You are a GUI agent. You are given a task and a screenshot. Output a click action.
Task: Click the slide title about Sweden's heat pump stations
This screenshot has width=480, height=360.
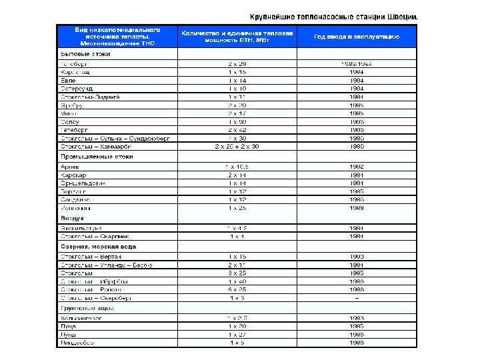[334, 16]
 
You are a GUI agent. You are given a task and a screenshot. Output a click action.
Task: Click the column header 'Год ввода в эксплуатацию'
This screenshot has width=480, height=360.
[357, 36]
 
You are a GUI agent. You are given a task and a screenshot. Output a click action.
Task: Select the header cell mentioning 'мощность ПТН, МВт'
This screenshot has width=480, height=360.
[237, 36]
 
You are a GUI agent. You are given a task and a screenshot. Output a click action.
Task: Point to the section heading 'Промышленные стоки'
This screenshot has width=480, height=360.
[97, 156]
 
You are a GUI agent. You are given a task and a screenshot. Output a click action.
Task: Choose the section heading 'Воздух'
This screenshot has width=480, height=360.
[72, 217]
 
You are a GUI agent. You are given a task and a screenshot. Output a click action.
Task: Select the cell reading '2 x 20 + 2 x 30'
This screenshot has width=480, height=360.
[237, 146]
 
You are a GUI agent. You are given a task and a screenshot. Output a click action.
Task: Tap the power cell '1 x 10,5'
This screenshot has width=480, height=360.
[237, 166]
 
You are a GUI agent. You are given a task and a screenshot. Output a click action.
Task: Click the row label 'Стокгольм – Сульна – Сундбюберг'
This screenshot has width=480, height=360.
[115, 138]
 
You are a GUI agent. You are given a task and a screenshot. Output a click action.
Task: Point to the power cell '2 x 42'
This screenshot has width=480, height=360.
[237, 130]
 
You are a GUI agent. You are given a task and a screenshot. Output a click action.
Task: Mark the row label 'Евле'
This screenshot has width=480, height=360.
[67, 80]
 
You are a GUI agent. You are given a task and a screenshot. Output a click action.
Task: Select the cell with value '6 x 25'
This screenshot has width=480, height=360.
[237, 290]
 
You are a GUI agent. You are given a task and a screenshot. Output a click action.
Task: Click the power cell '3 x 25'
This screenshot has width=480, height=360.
[237, 273]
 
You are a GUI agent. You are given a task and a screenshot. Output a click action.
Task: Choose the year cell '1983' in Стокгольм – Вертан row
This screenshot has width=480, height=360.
[357, 256]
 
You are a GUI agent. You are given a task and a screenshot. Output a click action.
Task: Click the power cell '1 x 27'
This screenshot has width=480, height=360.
[237, 334]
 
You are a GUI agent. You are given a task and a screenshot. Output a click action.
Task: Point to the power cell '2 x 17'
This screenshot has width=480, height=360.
[237, 113]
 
